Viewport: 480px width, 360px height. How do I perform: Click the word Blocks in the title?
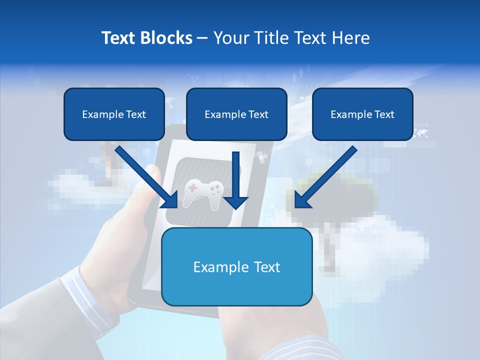coord(167,38)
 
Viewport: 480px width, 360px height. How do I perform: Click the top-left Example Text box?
coord(114,114)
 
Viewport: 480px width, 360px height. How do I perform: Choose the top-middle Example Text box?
coord(236,114)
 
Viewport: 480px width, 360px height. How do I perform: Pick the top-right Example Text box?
coord(362,114)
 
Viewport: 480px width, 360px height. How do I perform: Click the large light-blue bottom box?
coord(237,266)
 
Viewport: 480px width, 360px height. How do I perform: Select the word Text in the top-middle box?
coord(259,114)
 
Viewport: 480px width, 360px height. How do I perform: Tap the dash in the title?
coord(202,38)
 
